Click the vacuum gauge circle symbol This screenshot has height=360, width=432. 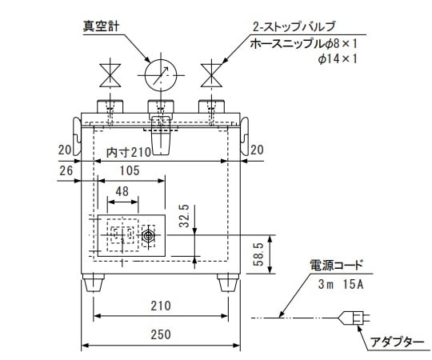point(161,77)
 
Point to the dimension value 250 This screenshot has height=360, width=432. point(161,336)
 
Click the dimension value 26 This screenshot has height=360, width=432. point(66,170)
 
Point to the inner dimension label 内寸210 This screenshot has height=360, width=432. point(128,152)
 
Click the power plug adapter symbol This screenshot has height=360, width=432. point(356,318)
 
